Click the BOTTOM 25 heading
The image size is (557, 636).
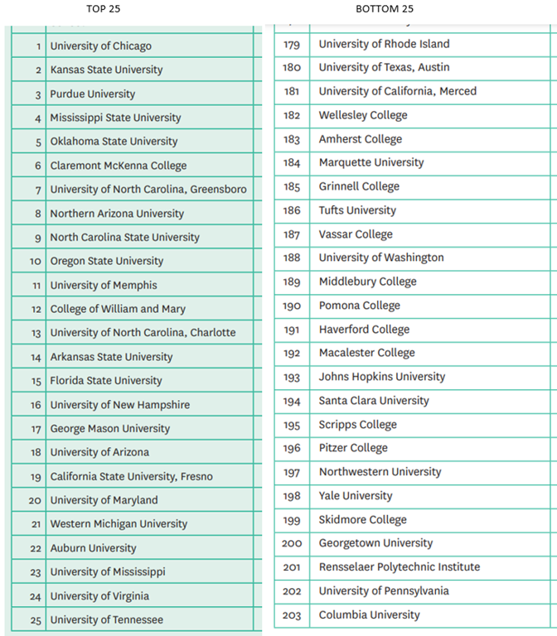tap(385, 9)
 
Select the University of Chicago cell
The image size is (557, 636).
tap(100, 46)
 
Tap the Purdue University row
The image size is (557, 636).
tap(92, 94)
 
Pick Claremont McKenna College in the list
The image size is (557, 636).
tap(119, 166)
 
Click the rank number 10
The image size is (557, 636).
tap(35, 262)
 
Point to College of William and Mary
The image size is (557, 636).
tap(118, 309)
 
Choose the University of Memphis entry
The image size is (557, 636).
tap(104, 286)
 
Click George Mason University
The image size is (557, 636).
tap(109, 429)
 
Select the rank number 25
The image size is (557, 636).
tap(35, 620)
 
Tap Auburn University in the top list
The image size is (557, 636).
tap(93, 548)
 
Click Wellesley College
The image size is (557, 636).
tap(363, 115)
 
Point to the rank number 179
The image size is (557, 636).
tap(292, 44)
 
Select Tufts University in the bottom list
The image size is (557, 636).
tap(357, 210)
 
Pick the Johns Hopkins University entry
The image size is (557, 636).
tap(382, 377)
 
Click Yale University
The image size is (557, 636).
tap(356, 496)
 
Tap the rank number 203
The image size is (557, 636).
tap(292, 615)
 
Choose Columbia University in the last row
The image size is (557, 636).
tap(369, 615)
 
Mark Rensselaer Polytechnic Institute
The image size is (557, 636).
tap(400, 567)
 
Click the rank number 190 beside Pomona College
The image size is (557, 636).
tap(292, 306)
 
